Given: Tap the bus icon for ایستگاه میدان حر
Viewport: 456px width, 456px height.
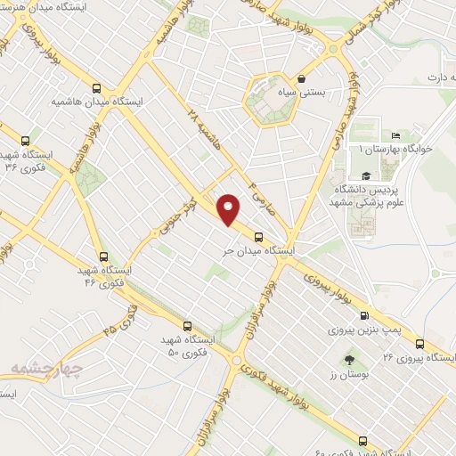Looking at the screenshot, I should click(x=258, y=237).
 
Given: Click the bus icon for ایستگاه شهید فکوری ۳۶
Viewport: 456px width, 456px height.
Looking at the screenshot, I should click(x=25, y=140).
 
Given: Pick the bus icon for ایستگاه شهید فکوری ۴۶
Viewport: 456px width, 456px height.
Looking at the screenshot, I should click(x=103, y=256).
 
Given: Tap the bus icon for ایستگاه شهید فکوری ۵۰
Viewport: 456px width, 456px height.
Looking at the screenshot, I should click(x=187, y=326).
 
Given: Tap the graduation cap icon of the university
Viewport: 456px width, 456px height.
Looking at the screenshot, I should click(x=366, y=175).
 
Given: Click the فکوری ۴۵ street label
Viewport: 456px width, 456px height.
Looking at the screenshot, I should click(x=121, y=319).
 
